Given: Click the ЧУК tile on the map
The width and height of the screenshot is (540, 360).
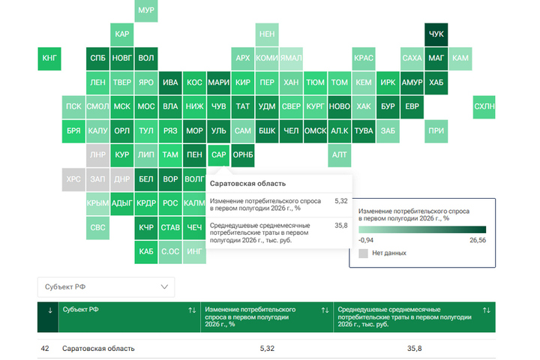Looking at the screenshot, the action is [x=436, y=34].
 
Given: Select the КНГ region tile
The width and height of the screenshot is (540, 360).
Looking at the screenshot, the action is [x=49, y=58].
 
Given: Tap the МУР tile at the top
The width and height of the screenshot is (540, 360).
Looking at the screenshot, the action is [x=146, y=10].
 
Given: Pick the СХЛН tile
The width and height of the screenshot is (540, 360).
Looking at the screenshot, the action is [x=484, y=106].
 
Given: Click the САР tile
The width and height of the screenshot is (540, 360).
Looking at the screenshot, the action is [x=219, y=155].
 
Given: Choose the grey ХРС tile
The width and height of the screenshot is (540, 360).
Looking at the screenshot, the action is [x=73, y=179].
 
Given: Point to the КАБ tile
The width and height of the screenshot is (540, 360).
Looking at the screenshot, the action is [x=146, y=252].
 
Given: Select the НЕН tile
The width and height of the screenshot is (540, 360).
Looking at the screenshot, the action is [x=267, y=34].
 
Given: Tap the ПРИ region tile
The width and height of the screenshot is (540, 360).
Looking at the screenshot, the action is [x=436, y=131].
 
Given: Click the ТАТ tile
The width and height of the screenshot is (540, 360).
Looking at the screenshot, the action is [x=243, y=106].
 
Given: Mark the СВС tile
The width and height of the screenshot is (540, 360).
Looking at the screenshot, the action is [x=97, y=228].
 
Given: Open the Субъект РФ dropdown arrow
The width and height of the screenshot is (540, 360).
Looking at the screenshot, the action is [x=164, y=287].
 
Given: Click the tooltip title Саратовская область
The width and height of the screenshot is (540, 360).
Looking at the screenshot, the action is [x=247, y=184].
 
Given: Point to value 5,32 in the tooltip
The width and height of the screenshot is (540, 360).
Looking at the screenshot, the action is [x=341, y=201].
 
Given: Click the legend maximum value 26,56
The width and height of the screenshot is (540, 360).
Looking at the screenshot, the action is [x=478, y=240].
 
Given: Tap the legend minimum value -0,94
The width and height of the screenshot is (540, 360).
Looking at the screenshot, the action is [x=366, y=240].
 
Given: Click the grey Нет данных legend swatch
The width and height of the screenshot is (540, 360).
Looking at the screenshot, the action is [x=363, y=253].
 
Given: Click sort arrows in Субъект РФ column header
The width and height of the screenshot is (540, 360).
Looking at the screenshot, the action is [x=192, y=310].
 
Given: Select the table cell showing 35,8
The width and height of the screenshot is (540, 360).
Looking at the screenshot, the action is [x=414, y=349].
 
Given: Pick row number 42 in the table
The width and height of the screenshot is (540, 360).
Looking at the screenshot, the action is [x=45, y=349].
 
